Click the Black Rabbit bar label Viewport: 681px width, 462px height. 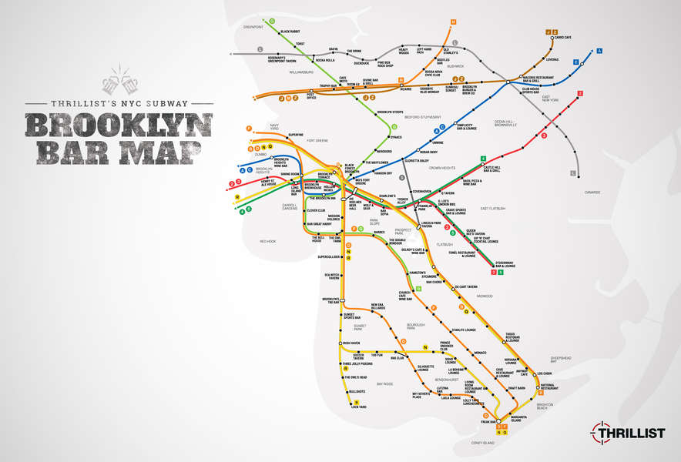tap(290, 32)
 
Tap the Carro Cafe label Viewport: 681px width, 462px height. tap(562, 38)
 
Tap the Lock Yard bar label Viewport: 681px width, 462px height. tap(359, 407)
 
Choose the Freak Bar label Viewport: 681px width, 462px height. tap(488, 421)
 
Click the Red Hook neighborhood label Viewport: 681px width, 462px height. tap(267, 242)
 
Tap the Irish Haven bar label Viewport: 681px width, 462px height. tap(351, 343)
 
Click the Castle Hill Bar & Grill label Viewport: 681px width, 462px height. tap(491, 169)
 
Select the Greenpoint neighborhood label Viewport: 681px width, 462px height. tap(253, 27)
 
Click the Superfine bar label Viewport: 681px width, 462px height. tap(296, 136)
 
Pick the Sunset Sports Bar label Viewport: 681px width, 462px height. tap(354, 316)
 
